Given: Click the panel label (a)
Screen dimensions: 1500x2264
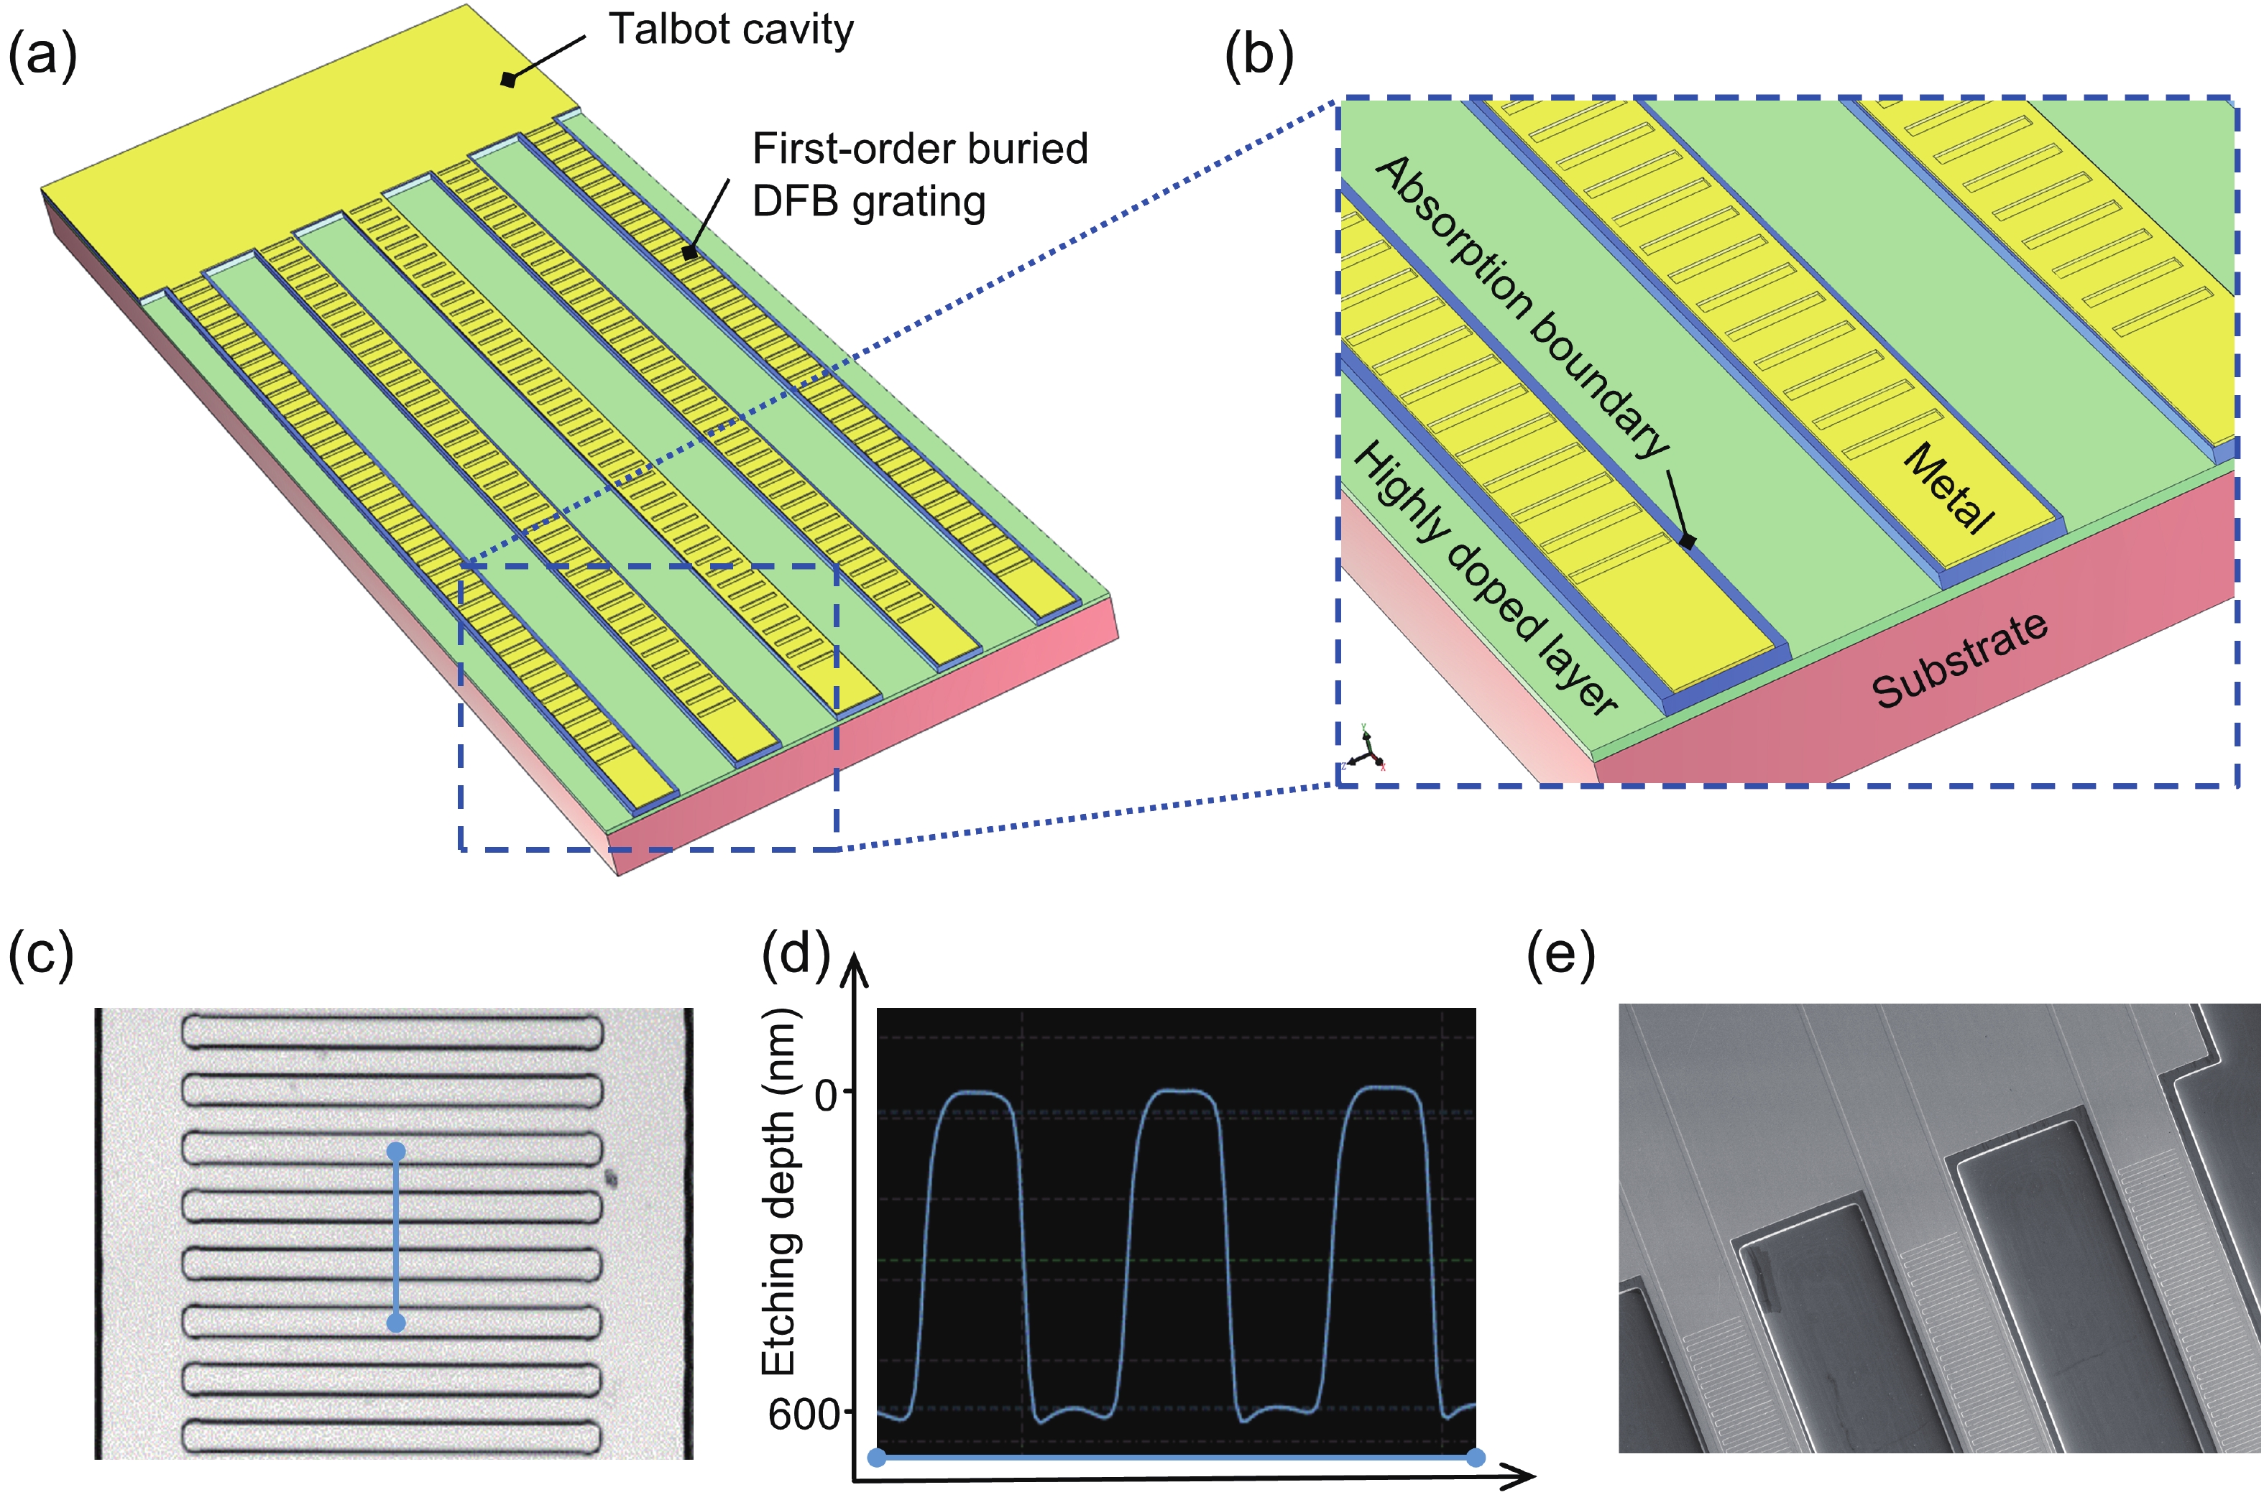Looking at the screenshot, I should (42, 55).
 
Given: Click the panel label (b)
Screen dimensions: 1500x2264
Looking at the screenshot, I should (1258, 55).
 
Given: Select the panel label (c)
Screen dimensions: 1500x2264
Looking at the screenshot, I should (40, 954).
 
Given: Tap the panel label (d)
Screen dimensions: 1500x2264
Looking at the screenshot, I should (795, 954).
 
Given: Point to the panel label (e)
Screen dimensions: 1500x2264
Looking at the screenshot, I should (1560, 954).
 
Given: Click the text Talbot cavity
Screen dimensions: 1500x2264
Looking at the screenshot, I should (731, 29).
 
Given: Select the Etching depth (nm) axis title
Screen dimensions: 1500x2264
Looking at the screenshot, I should (778, 1191).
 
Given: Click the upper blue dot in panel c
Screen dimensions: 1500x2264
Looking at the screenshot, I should (396, 1151).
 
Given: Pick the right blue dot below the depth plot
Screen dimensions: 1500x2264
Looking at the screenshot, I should (1476, 1458).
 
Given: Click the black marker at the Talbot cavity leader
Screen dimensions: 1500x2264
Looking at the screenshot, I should (508, 80).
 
